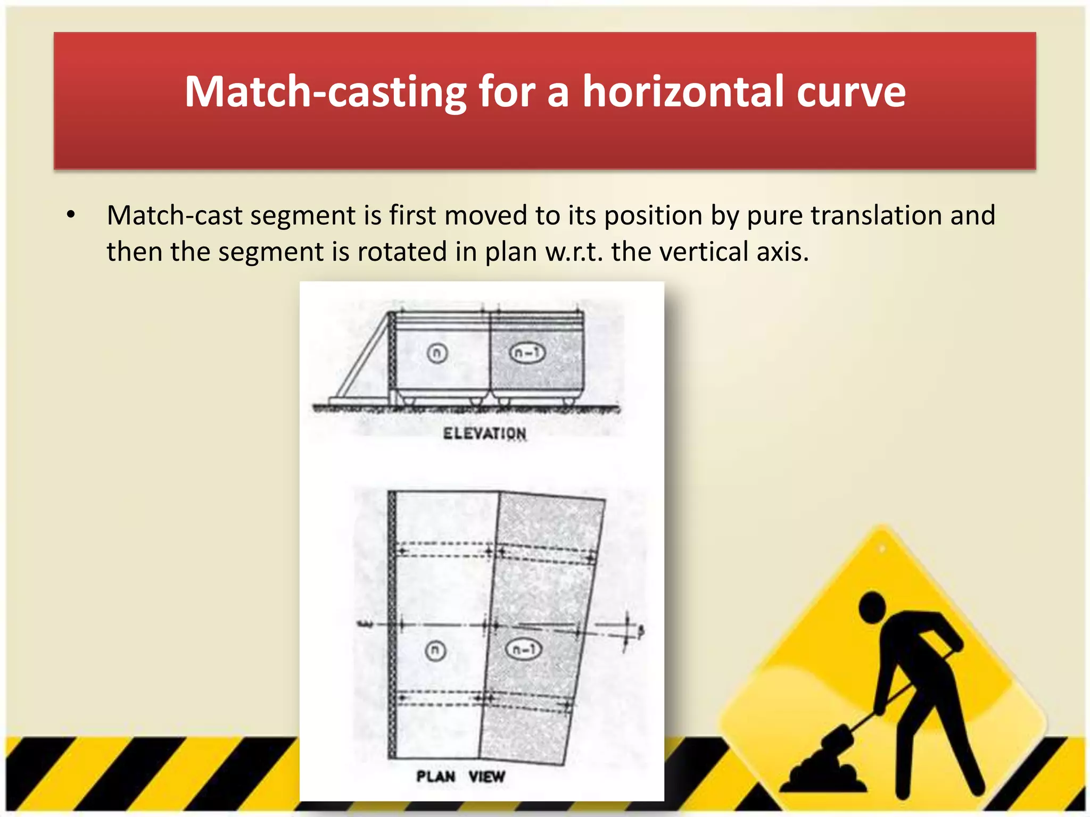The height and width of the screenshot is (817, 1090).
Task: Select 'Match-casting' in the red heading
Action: [x=325, y=92]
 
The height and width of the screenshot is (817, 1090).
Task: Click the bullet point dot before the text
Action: [x=71, y=215]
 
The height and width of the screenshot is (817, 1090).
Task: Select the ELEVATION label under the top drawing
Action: [x=484, y=433]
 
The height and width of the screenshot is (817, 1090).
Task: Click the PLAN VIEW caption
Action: [x=460, y=777]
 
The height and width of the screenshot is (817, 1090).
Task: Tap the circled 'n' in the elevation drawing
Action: [x=437, y=353]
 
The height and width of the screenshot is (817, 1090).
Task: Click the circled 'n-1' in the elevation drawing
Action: [x=527, y=353]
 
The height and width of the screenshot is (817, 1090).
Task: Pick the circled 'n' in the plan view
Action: [x=436, y=651]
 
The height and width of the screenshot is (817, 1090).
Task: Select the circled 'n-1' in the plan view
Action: [x=523, y=649]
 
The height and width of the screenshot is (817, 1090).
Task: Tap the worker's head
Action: [x=873, y=607]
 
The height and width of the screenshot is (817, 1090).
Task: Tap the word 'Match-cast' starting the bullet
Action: [x=175, y=215]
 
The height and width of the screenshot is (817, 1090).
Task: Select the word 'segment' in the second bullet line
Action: [x=270, y=252]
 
